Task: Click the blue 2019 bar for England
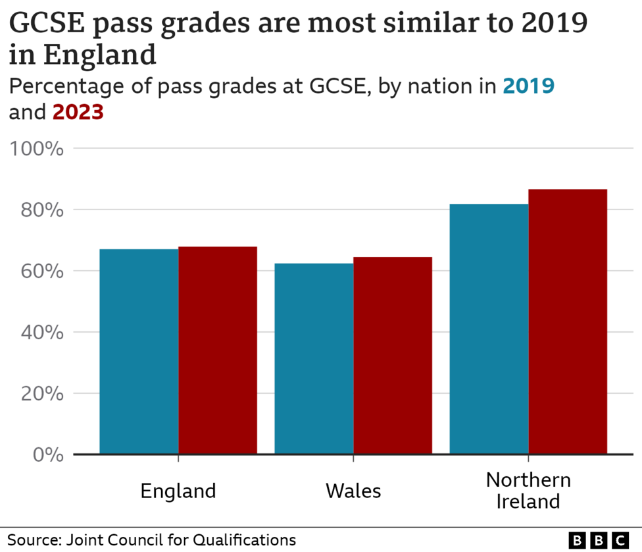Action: [139, 352]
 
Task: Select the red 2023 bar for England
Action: [218, 350]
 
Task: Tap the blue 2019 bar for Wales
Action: [314, 359]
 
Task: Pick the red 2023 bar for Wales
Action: [393, 356]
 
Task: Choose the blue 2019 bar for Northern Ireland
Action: [489, 329]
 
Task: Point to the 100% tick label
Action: [36, 149]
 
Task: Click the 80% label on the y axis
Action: [41, 210]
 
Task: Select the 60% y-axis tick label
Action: [41, 271]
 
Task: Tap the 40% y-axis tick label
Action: [41, 333]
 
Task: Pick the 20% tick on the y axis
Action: [41, 394]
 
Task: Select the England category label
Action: [178, 491]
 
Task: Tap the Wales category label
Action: [353, 491]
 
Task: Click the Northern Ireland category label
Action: [528, 490]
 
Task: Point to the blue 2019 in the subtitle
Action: [528, 86]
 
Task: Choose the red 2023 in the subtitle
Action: [78, 113]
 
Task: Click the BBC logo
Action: [598, 540]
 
